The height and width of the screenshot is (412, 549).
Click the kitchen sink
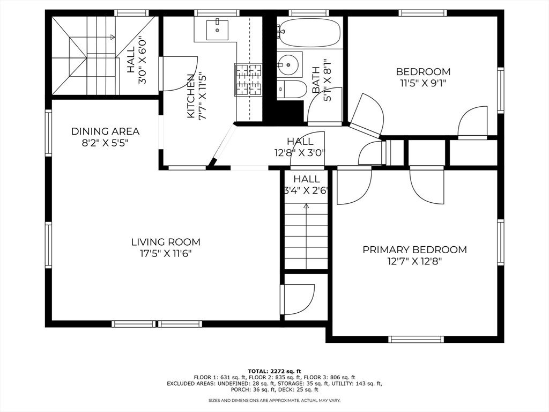pos(217,30)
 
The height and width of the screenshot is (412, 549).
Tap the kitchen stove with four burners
pos(248,79)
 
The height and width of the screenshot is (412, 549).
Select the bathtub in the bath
pos(309,33)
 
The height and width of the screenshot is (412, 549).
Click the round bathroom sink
pos(288,65)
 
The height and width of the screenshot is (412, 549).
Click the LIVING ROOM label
pos(166,242)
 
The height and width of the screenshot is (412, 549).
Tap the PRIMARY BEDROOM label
pos(414,250)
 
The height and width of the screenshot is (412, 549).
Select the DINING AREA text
pos(106,131)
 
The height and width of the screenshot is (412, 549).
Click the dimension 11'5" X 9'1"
pos(424,83)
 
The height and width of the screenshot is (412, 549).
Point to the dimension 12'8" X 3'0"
pos(300,153)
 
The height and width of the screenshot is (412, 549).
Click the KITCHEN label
pos(191,96)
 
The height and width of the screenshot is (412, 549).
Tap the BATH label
pos(316,80)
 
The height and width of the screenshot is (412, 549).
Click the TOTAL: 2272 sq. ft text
pos(274,371)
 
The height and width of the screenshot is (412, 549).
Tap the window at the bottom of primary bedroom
pos(416,339)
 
